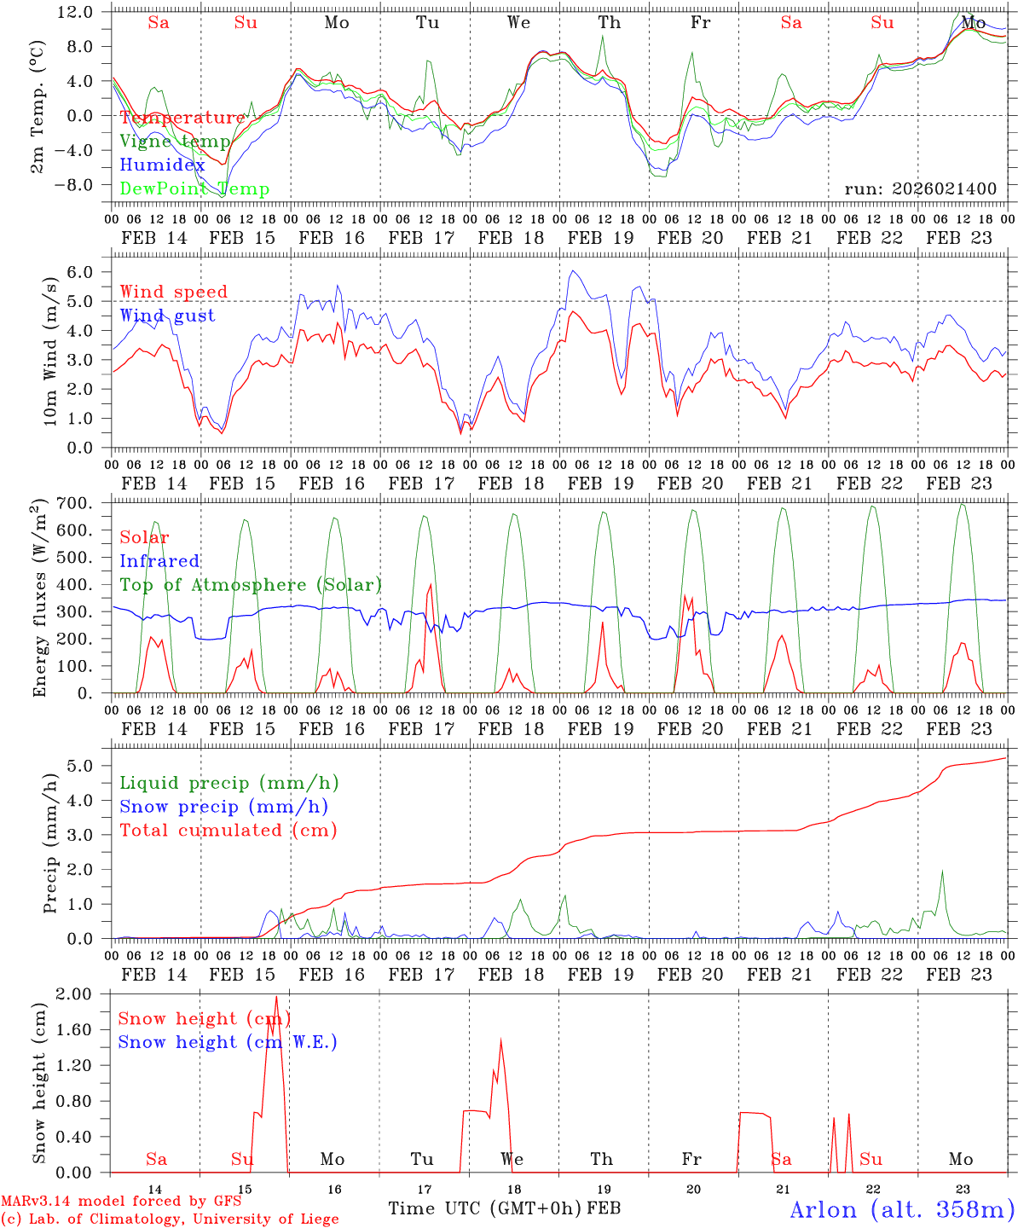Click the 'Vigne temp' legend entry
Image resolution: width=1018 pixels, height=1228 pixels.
[x=175, y=142]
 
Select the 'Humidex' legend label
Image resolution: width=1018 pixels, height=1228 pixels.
[x=162, y=165]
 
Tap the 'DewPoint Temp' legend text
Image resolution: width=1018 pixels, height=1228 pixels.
[x=194, y=189]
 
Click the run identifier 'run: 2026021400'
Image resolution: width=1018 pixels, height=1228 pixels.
[x=920, y=189]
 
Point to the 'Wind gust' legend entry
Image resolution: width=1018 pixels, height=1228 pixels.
[x=167, y=316]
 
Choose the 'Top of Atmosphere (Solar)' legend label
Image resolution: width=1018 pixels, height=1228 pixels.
[x=251, y=585]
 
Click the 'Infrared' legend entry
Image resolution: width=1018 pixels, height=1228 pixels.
[x=159, y=561]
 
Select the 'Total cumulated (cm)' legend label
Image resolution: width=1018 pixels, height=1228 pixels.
[x=228, y=831]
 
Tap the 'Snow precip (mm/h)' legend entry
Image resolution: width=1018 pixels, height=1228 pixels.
[x=223, y=807]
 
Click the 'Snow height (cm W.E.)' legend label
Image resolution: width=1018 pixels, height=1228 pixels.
[x=228, y=1042]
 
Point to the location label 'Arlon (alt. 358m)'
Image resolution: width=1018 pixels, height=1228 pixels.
[x=902, y=1209]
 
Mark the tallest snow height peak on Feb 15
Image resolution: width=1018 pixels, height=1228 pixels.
[x=276, y=997]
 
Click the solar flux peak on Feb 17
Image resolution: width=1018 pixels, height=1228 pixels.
[x=431, y=585]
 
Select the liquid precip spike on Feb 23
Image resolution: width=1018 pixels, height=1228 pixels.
[x=942, y=871]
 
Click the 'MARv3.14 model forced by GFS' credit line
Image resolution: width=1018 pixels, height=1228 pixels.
[x=121, y=1202]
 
